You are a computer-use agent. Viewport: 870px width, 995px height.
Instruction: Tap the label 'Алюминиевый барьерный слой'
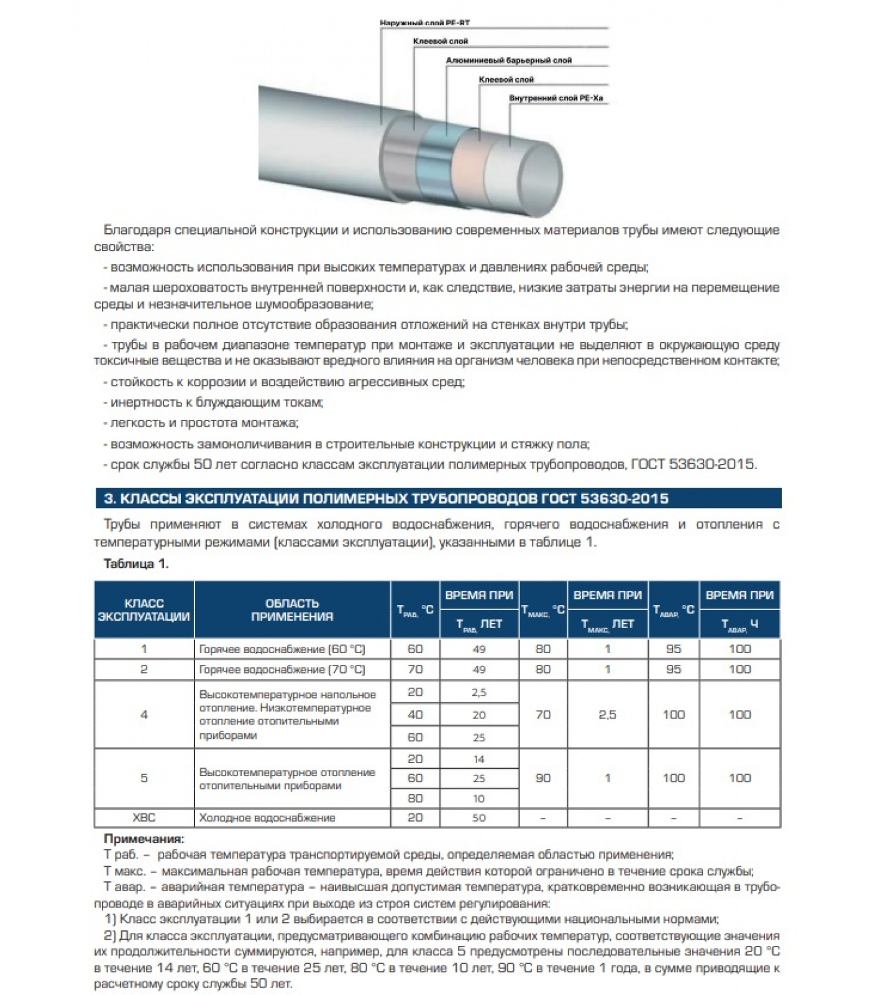(x=508, y=60)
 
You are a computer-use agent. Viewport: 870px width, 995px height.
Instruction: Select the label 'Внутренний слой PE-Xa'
(x=556, y=98)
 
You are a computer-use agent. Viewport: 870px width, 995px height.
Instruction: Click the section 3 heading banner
(x=437, y=499)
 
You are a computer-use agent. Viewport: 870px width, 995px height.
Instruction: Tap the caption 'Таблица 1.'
(x=136, y=564)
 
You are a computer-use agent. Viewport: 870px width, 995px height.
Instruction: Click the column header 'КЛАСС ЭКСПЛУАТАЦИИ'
(x=144, y=609)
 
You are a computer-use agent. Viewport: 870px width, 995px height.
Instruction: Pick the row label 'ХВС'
(x=144, y=818)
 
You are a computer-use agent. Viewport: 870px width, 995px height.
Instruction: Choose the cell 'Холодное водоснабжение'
(x=267, y=818)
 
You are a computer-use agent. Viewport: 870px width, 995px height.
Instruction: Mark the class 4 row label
(x=144, y=715)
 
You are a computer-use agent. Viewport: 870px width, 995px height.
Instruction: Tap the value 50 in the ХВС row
(x=478, y=818)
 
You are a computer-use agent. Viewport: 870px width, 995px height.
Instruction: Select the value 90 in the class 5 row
(x=543, y=778)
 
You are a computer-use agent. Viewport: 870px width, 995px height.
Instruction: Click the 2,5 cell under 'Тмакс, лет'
(x=607, y=715)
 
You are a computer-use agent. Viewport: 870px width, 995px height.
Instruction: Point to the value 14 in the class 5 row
(x=478, y=759)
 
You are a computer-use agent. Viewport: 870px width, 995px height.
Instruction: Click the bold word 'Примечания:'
(x=144, y=839)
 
